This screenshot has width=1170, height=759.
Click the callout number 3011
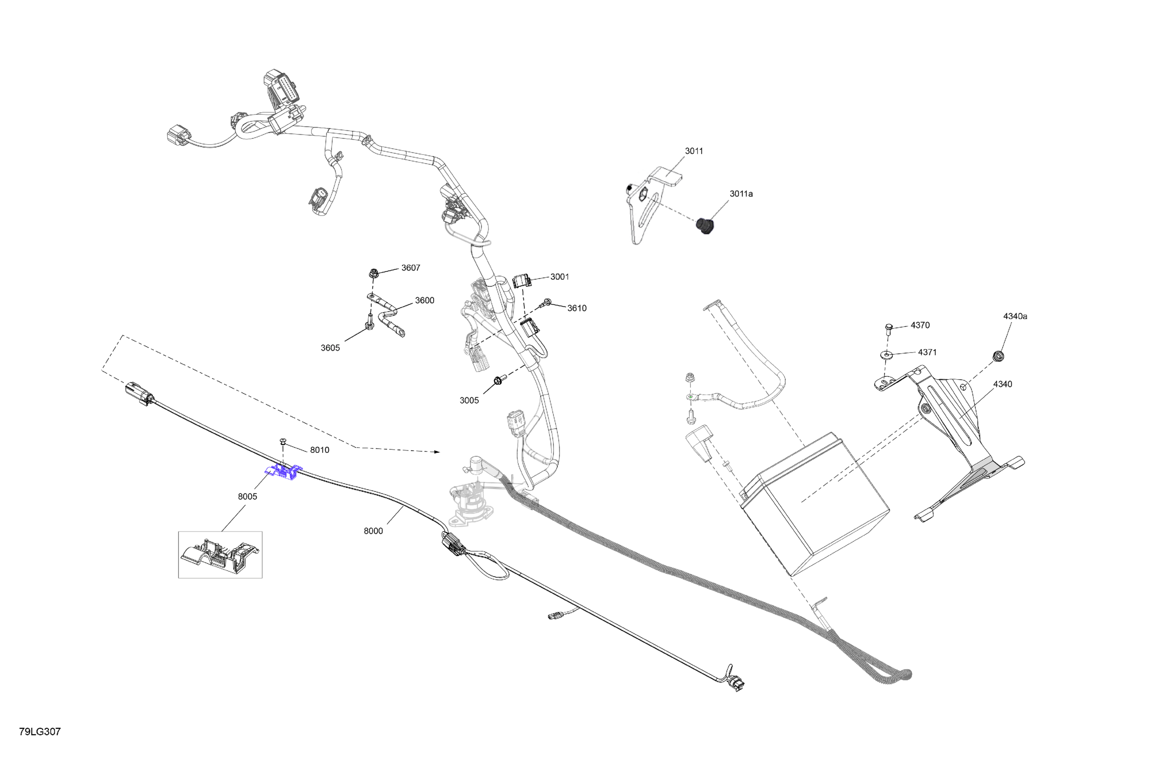694,151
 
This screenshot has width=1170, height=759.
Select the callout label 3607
411,268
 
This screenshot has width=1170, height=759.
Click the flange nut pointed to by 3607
373,272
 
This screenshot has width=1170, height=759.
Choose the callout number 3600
424,300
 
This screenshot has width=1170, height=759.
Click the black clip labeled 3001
521,281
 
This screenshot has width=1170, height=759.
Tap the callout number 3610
577,308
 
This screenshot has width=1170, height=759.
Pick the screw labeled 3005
498,379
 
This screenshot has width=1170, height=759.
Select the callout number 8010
319,450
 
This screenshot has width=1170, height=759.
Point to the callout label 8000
373,531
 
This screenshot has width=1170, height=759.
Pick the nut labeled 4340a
998,355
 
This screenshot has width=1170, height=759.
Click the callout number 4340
1002,384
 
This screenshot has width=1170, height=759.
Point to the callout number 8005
247,496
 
